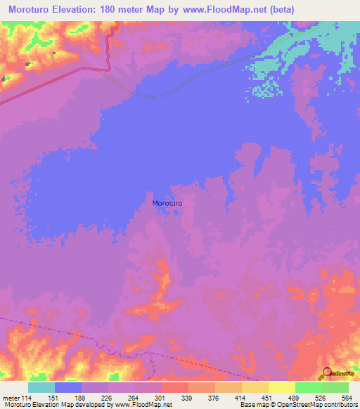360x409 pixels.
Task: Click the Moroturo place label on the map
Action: coord(167,203)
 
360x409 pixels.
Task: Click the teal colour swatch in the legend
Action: coord(41,388)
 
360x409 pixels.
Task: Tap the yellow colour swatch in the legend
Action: coord(281,388)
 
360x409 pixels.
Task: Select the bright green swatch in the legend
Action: coord(308,388)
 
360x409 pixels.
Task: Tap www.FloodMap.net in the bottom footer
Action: coord(136,404)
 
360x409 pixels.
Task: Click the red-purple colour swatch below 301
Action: coord(148,388)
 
